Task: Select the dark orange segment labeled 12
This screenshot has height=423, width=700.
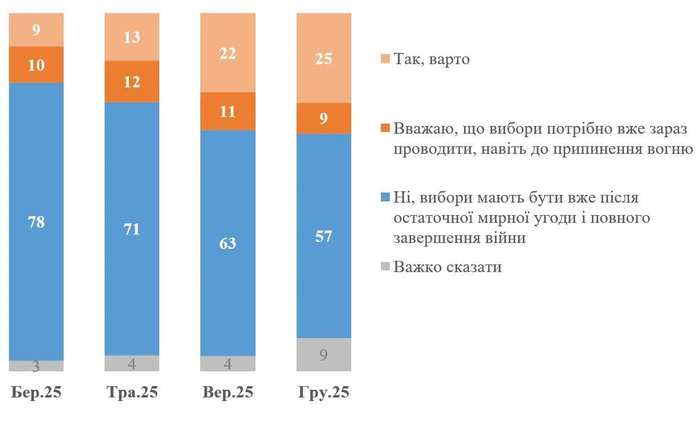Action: [132, 82]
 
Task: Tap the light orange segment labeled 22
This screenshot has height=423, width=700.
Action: [228, 53]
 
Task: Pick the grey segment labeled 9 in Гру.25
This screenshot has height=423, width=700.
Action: [324, 355]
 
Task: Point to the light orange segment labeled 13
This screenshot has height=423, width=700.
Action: [132, 37]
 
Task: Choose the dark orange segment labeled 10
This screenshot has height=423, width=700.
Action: [36, 65]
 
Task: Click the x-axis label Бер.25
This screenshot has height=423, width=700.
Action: [36, 393]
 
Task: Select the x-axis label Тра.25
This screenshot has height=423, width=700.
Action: [132, 393]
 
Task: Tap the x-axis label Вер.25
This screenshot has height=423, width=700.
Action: [228, 393]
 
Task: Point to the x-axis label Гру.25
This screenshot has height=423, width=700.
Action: [324, 393]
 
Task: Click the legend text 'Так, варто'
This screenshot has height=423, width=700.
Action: [431, 59]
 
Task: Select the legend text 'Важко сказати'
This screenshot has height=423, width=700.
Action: [447, 267]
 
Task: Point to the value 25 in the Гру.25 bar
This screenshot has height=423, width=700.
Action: [324, 58]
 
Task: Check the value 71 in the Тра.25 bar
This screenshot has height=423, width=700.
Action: [132, 229]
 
